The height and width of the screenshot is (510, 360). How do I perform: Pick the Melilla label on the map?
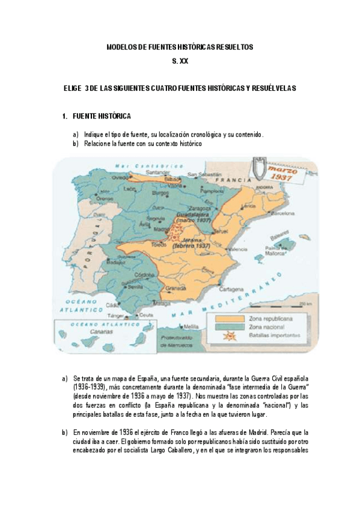tap(191, 326)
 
